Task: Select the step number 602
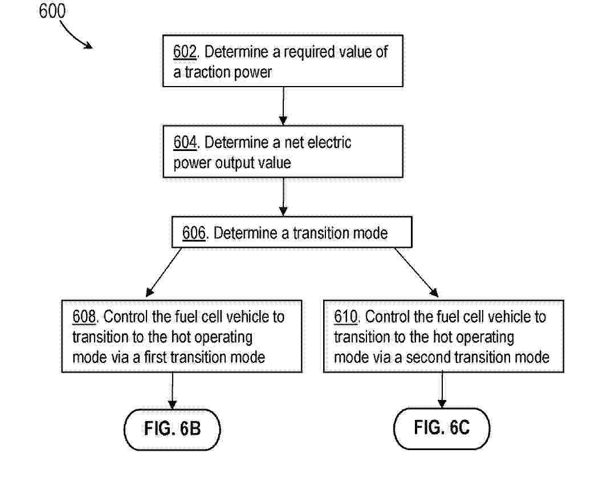(185, 52)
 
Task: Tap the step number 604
(185, 142)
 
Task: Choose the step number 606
(194, 233)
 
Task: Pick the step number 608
(84, 317)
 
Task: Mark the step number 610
(345, 317)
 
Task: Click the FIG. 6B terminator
(172, 429)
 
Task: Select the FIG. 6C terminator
(442, 428)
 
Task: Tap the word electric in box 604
(329, 142)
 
